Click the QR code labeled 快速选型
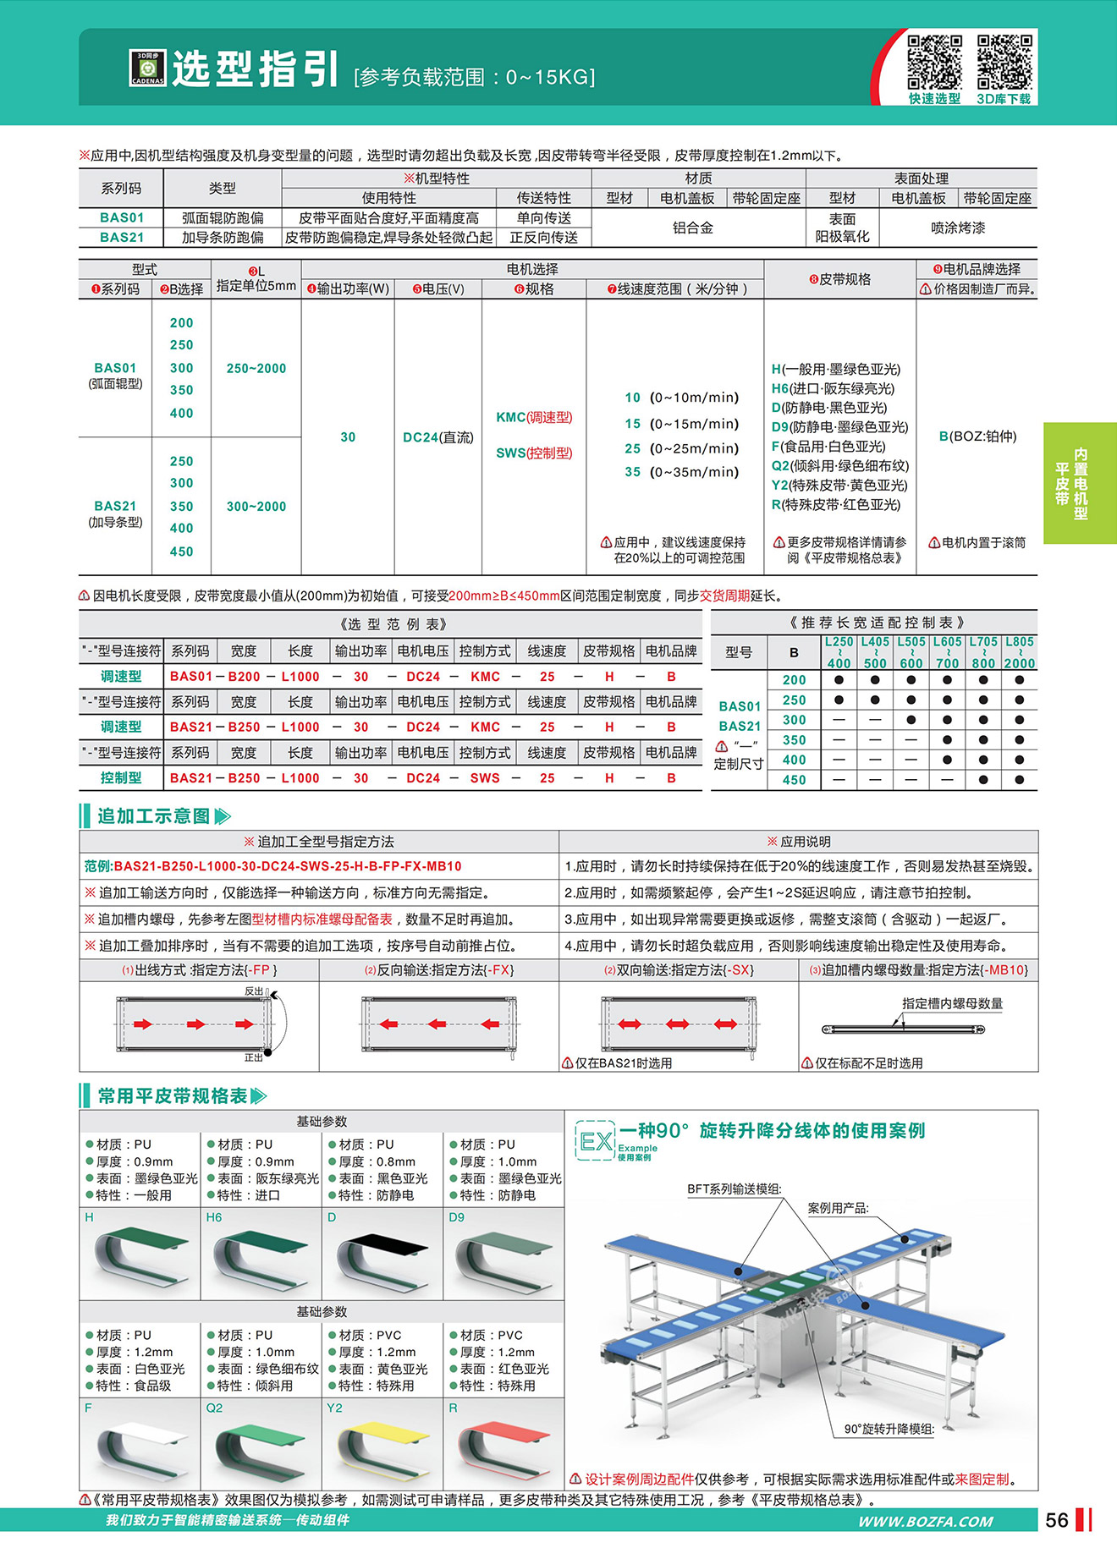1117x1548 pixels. click(x=934, y=62)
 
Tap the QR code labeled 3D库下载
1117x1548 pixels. click(x=1004, y=62)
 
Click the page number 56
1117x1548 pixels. click(x=1057, y=1520)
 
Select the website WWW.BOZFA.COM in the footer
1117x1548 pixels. click(x=925, y=1521)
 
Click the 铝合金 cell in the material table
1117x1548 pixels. click(x=693, y=228)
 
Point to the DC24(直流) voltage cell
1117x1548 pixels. click(x=437, y=437)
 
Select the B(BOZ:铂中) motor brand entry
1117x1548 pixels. click(x=977, y=436)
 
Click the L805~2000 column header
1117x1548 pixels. click(x=1019, y=652)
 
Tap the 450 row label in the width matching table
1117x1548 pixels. click(x=794, y=780)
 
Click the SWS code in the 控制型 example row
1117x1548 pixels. click(x=485, y=778)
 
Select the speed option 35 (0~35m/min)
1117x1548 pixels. click(x=681, y=472)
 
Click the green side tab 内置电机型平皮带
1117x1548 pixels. click(x=1080, y=483)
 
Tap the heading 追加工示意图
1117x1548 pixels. click(x=153, y=816)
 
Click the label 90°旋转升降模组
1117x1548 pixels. click(x=889, y=1429)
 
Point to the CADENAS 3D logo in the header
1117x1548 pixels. click(x=147, y=69)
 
